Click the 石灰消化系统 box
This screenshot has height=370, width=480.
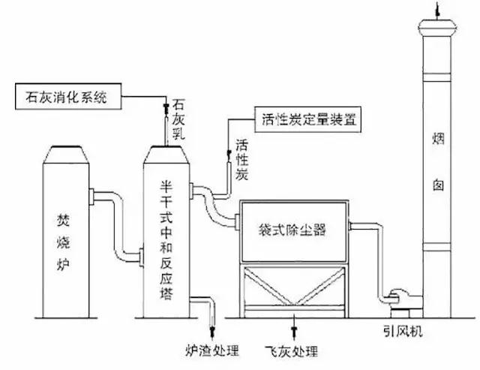tap(66, 95)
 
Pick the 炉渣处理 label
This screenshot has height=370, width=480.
tap(211, 350)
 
